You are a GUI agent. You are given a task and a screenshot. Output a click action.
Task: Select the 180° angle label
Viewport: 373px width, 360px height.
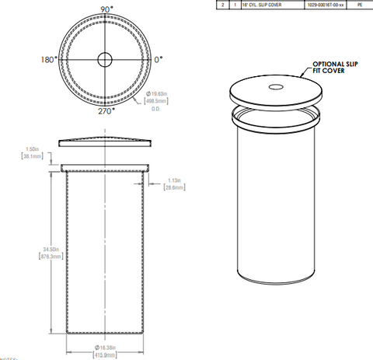click(x=50, y=59)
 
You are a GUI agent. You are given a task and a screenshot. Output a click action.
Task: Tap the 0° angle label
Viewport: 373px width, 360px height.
click(x=159, y=59)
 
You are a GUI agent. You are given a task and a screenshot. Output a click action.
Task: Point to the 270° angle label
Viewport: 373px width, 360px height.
click(x=106, y=110)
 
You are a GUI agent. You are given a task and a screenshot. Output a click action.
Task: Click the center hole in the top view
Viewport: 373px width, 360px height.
click(x=105, y=59)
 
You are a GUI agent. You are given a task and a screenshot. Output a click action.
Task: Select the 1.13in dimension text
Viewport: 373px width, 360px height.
click(x=176, y=181)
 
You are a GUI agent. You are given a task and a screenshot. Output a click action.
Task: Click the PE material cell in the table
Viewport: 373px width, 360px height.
click(x=358, y=5)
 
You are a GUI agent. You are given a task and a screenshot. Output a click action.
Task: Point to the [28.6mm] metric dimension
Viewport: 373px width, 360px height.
click(x=176, y=189)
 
